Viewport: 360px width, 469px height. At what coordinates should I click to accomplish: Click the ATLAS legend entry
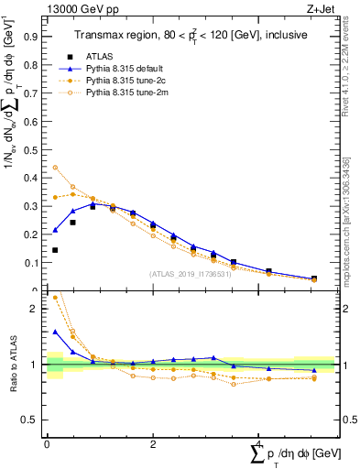pos(101,56)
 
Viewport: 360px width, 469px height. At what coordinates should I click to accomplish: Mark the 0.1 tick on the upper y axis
pos(32,263)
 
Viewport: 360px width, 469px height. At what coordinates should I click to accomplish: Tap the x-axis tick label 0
pos(47,443)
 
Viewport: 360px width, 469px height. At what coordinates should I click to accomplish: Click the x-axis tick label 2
pos(152,443)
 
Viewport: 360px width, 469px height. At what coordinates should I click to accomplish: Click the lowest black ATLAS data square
pos(55,250)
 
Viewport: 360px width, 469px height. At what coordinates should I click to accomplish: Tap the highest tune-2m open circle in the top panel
pos(55,168)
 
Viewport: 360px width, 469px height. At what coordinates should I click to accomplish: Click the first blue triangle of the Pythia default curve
pos(55,230)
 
